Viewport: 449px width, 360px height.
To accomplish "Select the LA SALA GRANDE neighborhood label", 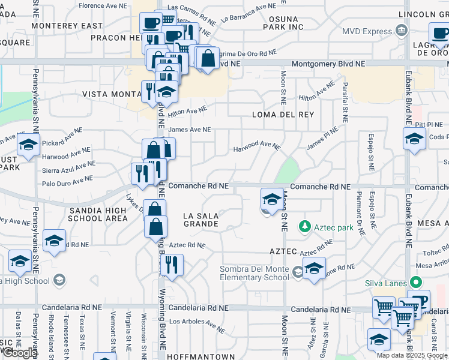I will [x=200, y=219].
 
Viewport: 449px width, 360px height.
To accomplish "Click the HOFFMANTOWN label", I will [x=200, y=356].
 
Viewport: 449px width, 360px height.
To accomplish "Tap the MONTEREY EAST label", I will [x=67, y=26].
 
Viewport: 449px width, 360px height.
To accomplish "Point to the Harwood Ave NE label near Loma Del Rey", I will [x=257, y=145].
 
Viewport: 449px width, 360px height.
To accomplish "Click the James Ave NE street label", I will [x=190, y=129].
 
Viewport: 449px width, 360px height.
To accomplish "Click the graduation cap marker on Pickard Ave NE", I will [x=28, y=145].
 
